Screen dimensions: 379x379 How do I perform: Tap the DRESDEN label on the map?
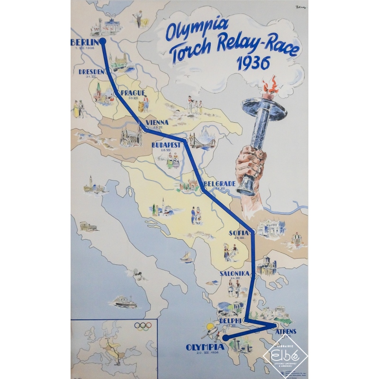(x=92, y=72)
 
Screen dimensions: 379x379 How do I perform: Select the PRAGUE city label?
(x=133, y=92)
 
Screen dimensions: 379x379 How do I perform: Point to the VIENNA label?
(x=157, y=123)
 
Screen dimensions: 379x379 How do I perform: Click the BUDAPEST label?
(x=166, y=145)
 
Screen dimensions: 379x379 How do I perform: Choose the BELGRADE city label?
(x=219, y=184)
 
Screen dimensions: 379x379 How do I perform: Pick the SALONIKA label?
(x=235, y=274)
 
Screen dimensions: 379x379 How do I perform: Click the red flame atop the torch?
(x=271, y=87)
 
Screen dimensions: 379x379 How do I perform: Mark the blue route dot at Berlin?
(x=103, y=41)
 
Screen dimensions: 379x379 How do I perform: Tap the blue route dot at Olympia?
(x=226, y=337)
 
